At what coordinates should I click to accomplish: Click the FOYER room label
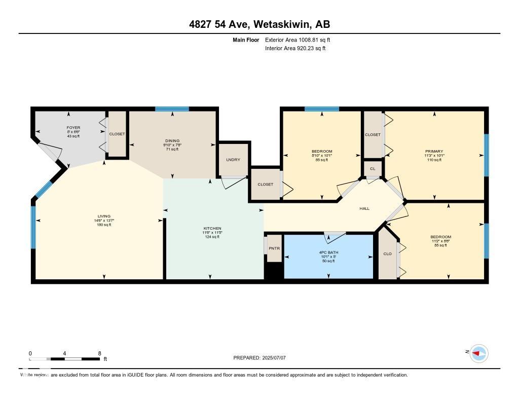point(73,128)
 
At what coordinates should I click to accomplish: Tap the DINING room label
point(172,141)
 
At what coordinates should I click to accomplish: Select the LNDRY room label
point(233,160)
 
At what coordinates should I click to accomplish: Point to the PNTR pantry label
point(274,248)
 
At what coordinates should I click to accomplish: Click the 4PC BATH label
point(329,252)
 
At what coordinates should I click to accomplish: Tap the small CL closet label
point(373,168)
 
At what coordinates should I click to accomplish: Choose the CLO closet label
point(388,253)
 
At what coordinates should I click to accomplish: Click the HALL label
point(364,208)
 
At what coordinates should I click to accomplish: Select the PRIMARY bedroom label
point(434,151)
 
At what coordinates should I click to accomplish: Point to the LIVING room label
point(104,216)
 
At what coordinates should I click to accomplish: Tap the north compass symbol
point(478,353)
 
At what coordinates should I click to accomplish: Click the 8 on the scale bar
point(99,353)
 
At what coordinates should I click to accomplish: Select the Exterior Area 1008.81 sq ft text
point(298,40)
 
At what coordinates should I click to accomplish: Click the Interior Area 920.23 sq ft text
point(295,49)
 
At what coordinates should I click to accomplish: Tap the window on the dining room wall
point(172,109)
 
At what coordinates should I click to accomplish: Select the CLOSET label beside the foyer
point(117,134)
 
